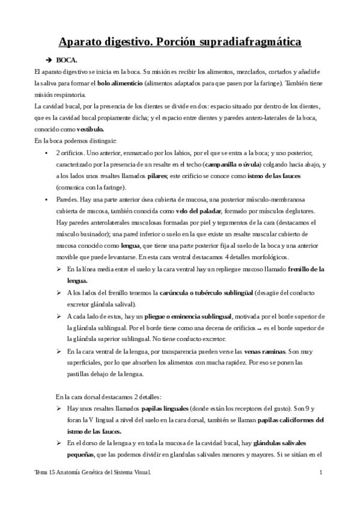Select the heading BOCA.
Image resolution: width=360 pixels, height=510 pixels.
pyautogui.click(x=68, y=61)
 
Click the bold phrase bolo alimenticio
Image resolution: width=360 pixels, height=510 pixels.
pyautogui.click(x=120, y=83)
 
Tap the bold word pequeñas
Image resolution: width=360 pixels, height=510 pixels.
pyautogui.click(x=82, y=454)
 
